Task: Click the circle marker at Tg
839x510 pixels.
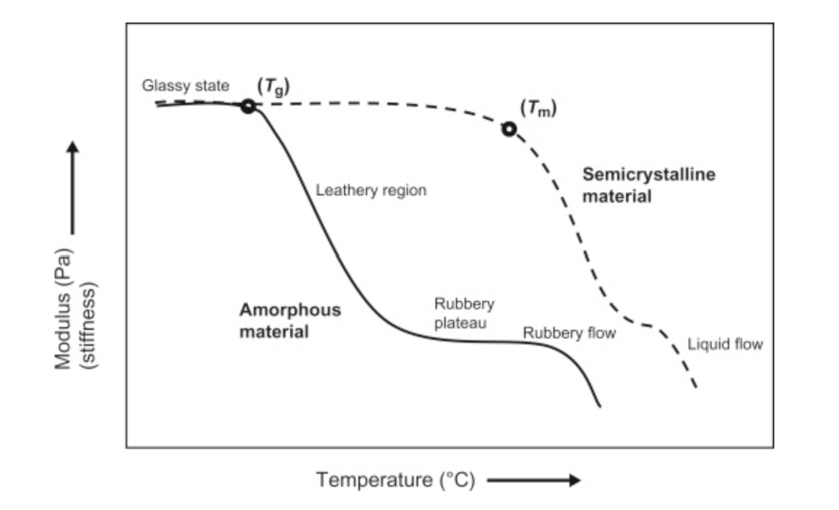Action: [x=248, y=106]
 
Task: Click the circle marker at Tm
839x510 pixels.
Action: [x=509, y=129]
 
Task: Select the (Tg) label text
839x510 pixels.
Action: [x=274, y=86]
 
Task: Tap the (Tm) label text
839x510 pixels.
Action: [x=538, y=108]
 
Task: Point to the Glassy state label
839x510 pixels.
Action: [x=185, y=86]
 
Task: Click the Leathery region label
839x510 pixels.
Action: [x=371, y=191]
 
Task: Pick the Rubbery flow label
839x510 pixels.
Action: [x=569, y=333]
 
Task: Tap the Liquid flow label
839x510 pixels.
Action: [x=725, y=344]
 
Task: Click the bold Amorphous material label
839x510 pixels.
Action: [x=289, y=320]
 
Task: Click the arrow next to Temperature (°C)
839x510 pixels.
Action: [x=534, y=480]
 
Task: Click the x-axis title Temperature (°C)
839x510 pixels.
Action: [x=395, y=480]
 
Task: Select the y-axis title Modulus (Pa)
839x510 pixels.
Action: [x=64, y=310]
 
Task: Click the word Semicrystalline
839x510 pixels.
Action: [x=649, y=175]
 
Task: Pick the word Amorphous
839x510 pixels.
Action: [x=289, y=310]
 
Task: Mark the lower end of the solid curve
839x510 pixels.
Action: [x=600, y=405]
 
